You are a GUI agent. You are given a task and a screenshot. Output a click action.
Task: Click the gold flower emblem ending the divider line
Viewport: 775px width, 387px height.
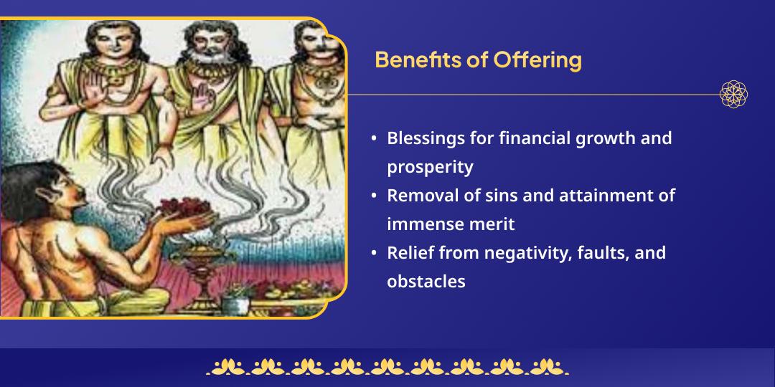[x=733, y=94]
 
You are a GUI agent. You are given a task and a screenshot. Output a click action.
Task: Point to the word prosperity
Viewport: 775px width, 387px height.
[x=430, y=167]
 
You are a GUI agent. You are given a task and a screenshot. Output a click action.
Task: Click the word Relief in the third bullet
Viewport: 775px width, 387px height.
[x=407, y=253]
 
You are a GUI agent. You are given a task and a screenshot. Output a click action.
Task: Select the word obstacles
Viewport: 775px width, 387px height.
[x=426, y=282]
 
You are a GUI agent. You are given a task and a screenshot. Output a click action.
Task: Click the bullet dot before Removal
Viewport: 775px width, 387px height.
[x=375, y=196]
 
